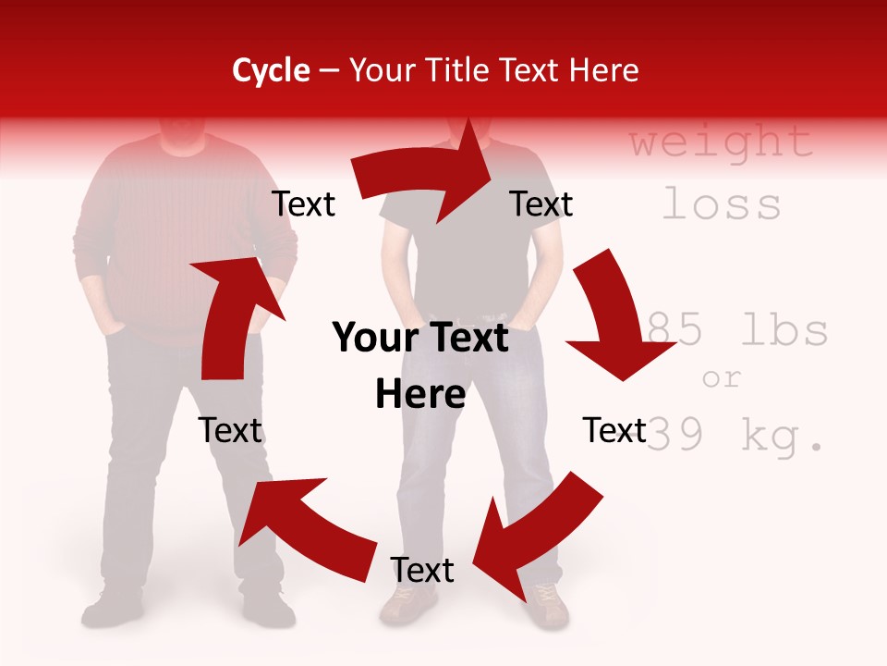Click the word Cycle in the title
271,70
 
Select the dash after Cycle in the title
329,71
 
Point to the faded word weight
721,142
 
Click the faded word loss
722,203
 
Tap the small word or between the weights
722,377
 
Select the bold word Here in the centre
419,394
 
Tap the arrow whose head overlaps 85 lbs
609,324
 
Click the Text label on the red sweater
303,203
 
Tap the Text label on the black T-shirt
541,203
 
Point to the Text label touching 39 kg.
614,430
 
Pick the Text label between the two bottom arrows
422,570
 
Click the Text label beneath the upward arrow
230,430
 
